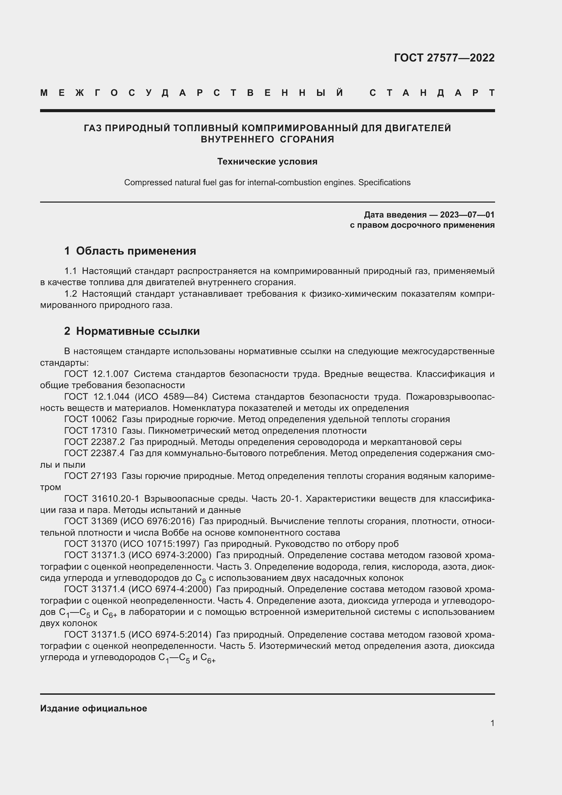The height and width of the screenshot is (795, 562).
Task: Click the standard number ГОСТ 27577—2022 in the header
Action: pos(444,57)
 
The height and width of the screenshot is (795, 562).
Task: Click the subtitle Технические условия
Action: pos(267,161)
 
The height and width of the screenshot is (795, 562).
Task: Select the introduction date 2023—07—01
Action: pos(467,215)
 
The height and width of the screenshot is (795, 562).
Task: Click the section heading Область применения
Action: pos(136,251)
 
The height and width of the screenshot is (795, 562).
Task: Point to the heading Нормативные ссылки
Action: pos(138,331)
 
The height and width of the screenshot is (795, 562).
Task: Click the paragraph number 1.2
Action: pos(70,294)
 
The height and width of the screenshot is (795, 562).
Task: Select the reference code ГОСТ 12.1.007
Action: pos(96,374)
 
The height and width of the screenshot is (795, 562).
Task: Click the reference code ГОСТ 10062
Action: pos(90,419)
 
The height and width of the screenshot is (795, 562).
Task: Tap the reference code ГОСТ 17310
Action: pos(90,431)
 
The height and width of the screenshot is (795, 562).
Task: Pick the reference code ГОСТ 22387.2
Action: pos(94,442)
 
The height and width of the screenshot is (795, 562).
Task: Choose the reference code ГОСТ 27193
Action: pos(90,476)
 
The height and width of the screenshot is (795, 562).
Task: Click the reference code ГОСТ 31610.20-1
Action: pos(101,499)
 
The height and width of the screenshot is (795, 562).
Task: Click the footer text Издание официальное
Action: pos(93,708)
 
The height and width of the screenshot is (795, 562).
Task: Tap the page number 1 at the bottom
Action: pos(492,723)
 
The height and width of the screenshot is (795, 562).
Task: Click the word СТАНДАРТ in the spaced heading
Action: pos(432,93)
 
